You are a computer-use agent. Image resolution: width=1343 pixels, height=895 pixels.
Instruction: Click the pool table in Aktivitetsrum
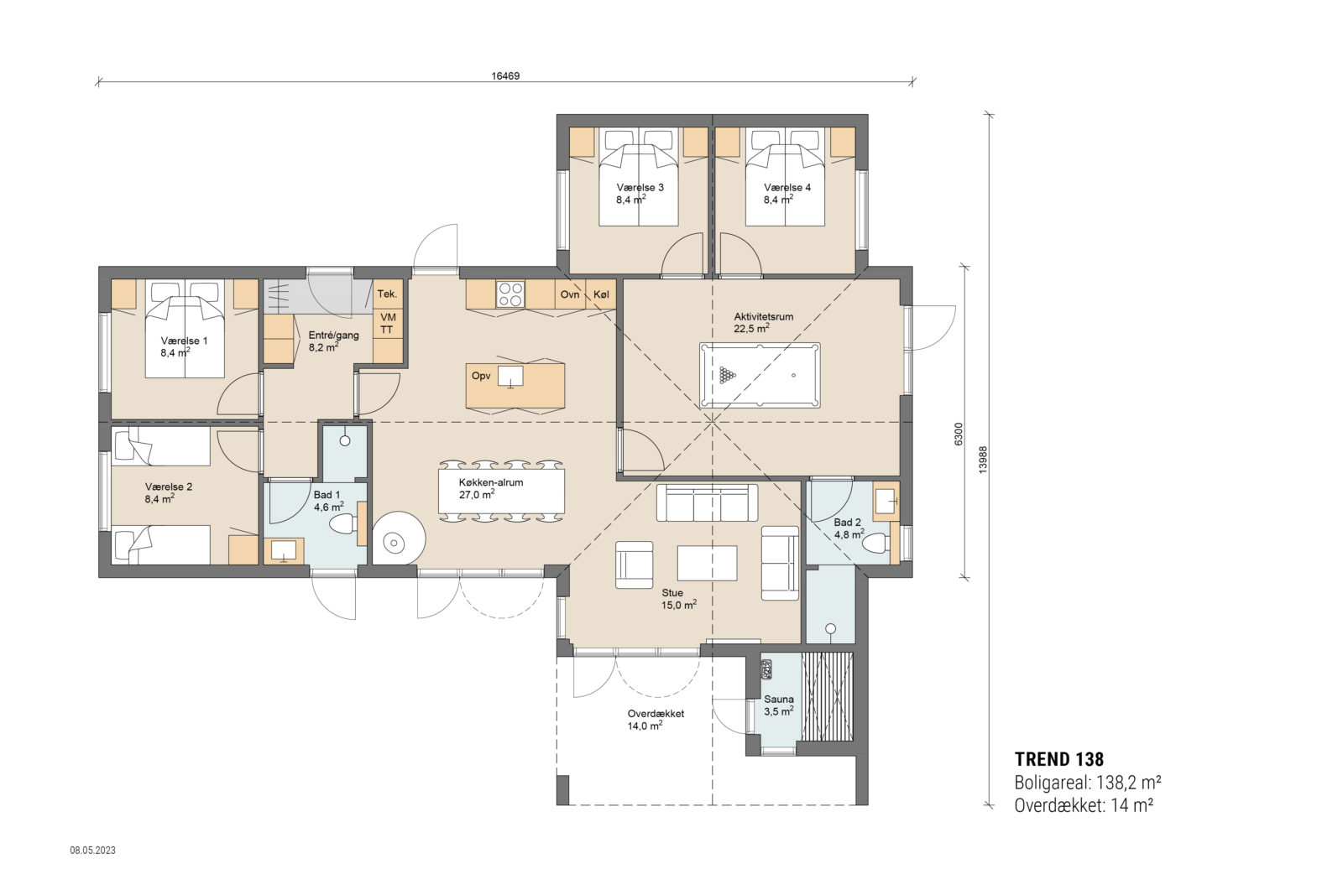click(760, 375)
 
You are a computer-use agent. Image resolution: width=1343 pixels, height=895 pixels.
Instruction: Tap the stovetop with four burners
click(510, 294)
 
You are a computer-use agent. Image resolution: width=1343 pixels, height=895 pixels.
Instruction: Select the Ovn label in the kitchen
click(570, 294)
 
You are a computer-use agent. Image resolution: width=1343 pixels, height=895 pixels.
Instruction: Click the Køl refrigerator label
click(601, 294)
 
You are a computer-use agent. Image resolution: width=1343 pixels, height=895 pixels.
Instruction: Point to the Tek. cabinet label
click(387, 294)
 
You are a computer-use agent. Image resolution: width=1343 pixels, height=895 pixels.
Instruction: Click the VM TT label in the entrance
click(387, 324)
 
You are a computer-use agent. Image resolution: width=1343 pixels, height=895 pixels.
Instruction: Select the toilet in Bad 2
click(875, 544)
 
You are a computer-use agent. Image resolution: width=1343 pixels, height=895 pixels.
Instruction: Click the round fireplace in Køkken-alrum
click(395, 537)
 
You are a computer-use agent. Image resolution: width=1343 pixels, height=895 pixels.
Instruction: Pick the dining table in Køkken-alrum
click(501, 492)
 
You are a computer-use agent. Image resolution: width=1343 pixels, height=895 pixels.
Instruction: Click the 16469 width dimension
click(505, 75)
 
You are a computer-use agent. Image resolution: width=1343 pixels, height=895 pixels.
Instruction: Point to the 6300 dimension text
click(959, 434)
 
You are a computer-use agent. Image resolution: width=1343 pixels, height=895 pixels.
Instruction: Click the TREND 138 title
click(1058, 759)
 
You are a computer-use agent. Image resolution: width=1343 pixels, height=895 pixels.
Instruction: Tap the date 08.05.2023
click(92, 850)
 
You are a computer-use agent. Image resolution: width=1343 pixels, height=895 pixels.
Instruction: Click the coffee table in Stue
click(707, 563)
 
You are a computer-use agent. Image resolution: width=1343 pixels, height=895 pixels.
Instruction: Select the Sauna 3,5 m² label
click(778, 705)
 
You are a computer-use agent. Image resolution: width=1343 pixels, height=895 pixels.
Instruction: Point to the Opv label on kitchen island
click(481, 376)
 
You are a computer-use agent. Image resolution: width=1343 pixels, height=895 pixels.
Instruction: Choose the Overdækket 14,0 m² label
click(655, 720)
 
